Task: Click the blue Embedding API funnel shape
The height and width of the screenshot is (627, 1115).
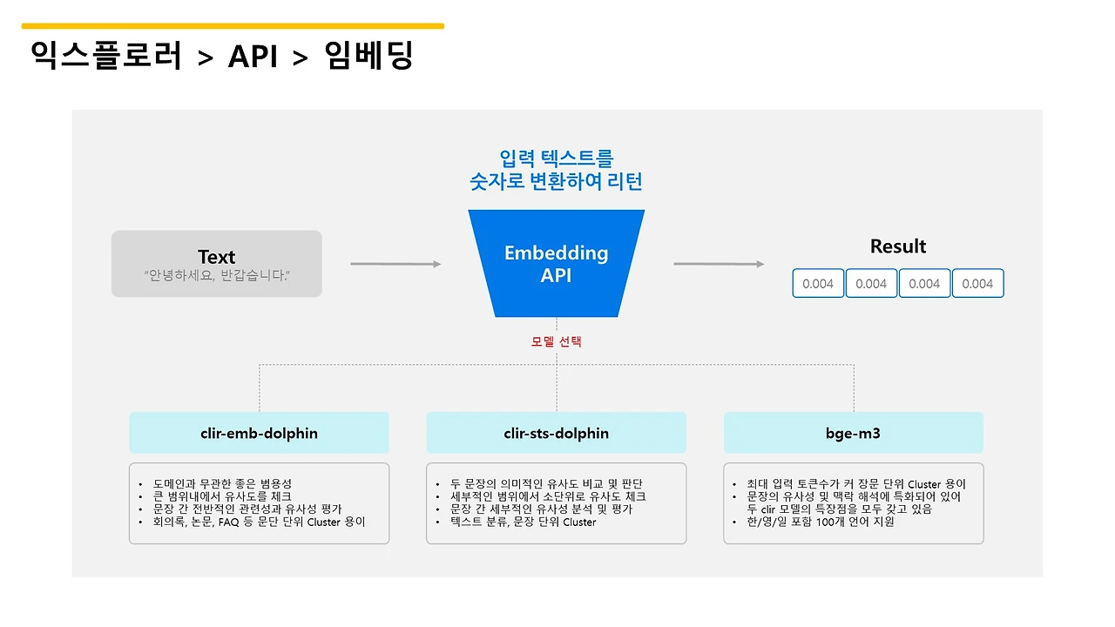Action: coord(556,263)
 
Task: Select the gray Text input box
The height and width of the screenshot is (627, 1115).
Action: coord(216,263)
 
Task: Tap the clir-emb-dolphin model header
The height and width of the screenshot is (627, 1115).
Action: coord(259,433)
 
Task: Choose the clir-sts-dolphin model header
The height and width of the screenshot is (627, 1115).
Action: coord(556,433)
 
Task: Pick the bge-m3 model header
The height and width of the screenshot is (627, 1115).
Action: coord(853,433)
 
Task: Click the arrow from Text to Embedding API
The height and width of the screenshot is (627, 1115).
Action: coord(395,264)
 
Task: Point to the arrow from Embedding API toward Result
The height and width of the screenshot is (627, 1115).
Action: coord(719,264)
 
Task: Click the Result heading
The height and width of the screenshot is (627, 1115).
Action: coord(898,246)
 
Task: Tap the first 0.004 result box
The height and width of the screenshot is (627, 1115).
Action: coord(818,283)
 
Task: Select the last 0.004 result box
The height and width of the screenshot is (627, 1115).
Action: coord(977,283)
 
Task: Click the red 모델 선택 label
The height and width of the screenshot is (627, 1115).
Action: coord(556,341)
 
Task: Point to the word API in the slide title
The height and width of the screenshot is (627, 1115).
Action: coord(253,57)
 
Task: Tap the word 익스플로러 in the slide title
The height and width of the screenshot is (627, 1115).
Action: coord(106,57)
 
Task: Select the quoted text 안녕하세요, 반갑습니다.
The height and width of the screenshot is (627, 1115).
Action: coord(216,275)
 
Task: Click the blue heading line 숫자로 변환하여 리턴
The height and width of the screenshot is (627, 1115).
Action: coord(556,182)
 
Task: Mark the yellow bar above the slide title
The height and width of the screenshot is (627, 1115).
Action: coord(233,26)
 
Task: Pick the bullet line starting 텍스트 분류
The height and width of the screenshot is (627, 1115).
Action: coord(523,522)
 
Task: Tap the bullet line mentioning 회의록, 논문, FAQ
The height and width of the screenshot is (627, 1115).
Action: coord(259,522)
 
